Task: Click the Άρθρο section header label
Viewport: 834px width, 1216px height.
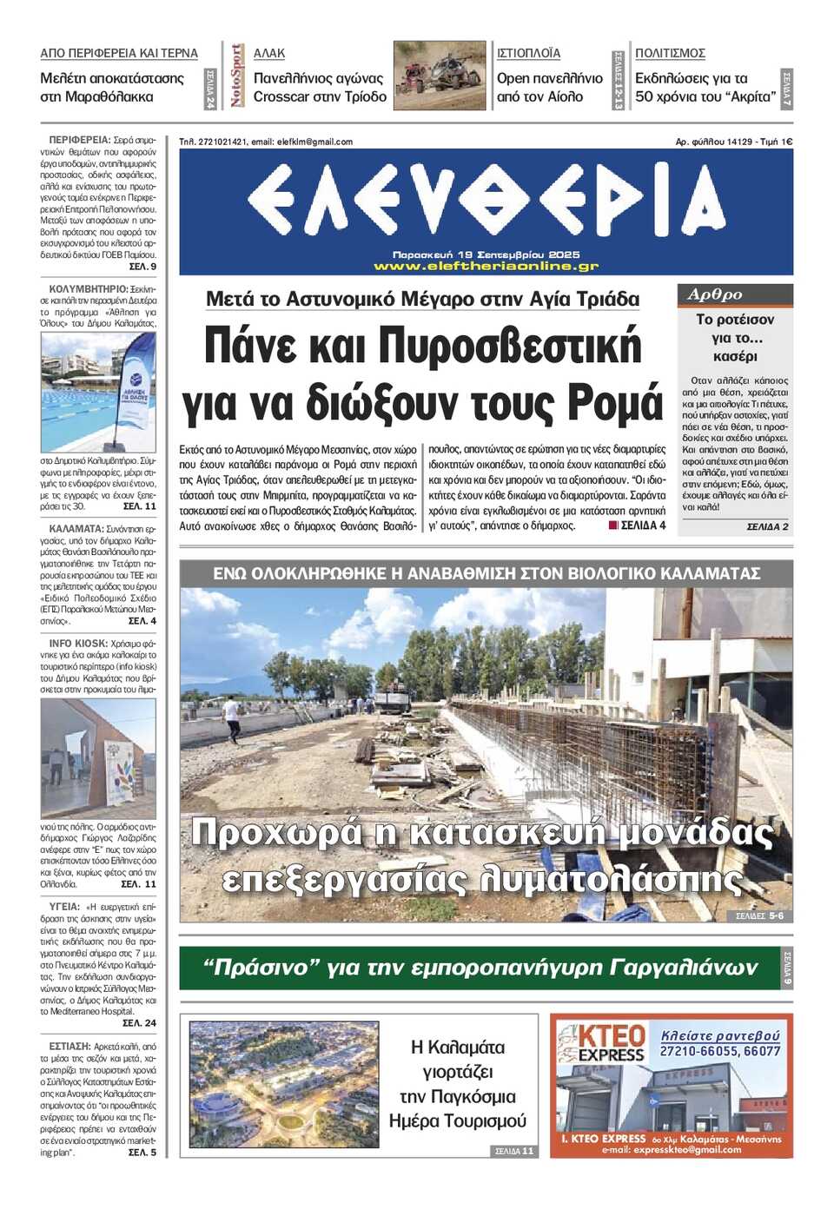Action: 715,294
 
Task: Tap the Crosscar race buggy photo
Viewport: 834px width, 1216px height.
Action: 440,76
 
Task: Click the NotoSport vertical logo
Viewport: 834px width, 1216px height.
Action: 236,76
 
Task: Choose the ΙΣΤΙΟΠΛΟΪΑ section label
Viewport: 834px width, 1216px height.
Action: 528,53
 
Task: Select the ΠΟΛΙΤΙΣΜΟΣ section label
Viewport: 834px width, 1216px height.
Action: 670,53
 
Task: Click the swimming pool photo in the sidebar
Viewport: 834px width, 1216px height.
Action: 98,393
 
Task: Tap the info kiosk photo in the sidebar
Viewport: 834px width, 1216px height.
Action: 98,758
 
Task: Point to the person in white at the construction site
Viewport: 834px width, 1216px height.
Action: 232,717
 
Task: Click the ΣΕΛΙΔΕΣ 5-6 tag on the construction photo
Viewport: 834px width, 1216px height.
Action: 759,915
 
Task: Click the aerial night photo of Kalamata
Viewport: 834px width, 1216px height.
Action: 284,1084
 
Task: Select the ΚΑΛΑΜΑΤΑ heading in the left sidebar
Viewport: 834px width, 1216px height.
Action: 76,528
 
